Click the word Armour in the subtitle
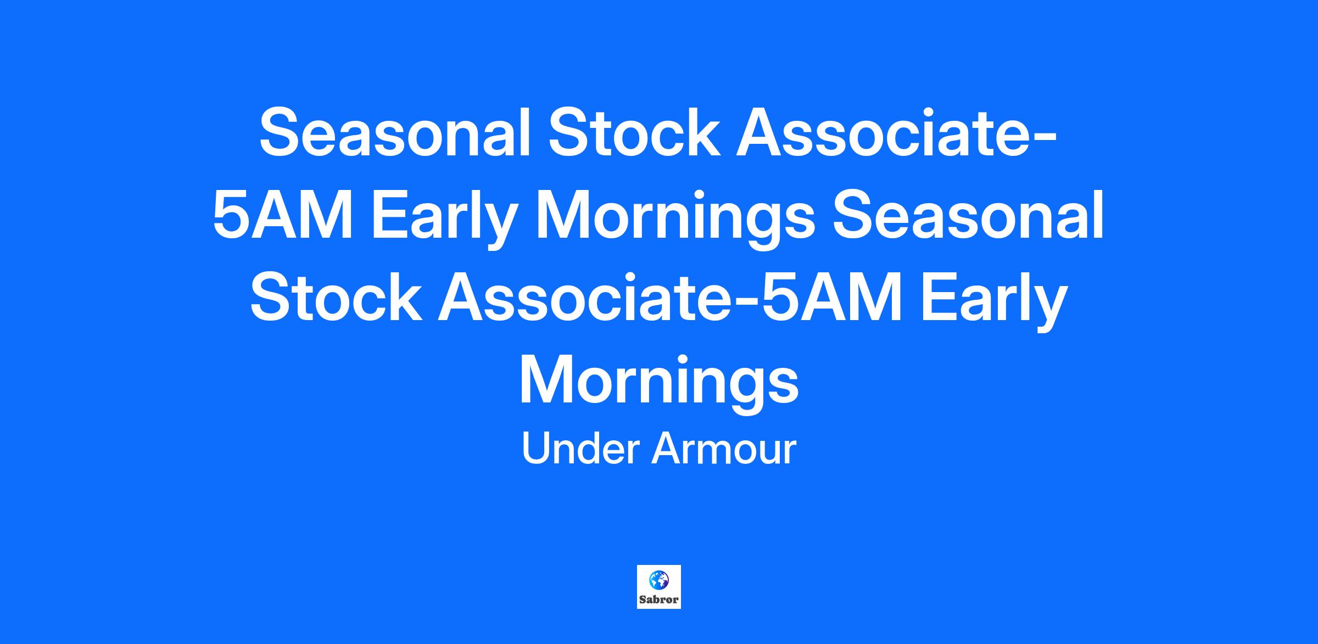[723, 449]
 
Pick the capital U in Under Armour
[535, 449]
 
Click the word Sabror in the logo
[659, 600]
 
